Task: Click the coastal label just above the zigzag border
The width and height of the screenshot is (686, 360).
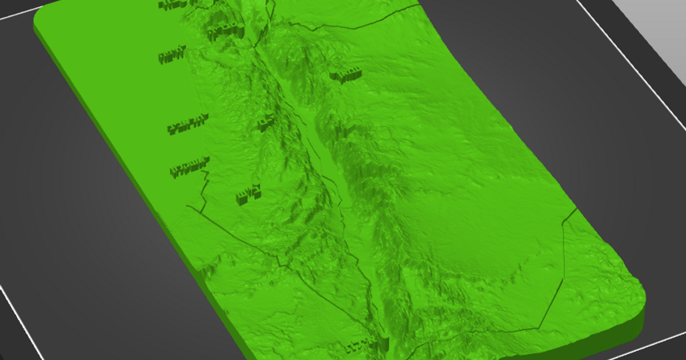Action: (x=188, y=167)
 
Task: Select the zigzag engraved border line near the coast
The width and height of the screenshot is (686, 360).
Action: (x=201, y=191)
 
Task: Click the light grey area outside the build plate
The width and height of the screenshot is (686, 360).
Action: (x=657, y=23)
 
